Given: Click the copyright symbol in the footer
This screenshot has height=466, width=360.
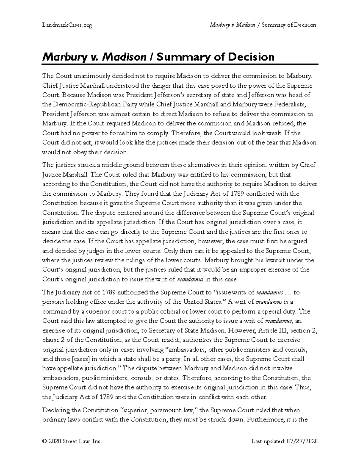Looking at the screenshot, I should coord(45,441).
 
